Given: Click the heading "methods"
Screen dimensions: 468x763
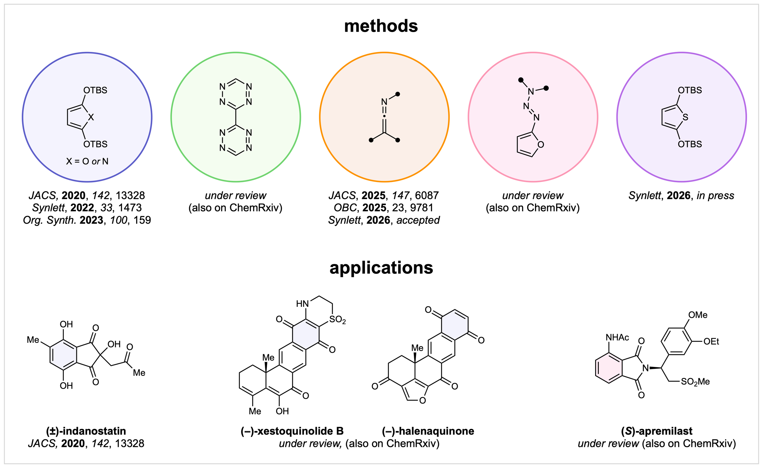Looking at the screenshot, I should (381, 26).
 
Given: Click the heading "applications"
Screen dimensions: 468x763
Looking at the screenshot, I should (381, 268).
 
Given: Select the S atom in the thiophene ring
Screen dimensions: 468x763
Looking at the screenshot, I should (685, 118).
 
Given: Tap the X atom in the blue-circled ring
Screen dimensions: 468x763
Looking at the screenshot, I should (91, 118).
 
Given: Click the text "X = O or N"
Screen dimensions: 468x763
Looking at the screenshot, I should (87, 161).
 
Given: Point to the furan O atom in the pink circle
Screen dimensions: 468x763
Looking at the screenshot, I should (541, 145).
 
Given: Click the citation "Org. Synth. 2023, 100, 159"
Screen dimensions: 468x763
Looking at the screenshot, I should (87, 220).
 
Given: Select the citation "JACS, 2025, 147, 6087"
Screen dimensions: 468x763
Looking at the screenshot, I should (384, 195).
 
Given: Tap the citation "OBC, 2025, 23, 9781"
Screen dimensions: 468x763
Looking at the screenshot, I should (384, 208).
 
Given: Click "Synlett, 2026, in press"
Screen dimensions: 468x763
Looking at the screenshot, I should (681, 195).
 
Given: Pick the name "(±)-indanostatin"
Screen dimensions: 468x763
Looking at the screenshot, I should (86, 431).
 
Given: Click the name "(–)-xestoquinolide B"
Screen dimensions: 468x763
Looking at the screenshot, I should (292, 431).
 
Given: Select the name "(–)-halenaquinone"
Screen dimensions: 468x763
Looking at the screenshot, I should (428, 431).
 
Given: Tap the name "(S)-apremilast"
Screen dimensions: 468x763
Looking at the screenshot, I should (657, 431).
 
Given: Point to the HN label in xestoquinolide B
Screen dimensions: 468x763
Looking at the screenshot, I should (302, 304).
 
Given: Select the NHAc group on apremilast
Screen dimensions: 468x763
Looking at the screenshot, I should (617, 338).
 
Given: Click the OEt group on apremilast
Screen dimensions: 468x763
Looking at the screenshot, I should (711, 342).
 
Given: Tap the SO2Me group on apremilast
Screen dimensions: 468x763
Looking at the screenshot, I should (695, 382).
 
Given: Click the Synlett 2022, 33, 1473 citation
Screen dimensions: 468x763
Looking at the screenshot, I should (87, 208).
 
